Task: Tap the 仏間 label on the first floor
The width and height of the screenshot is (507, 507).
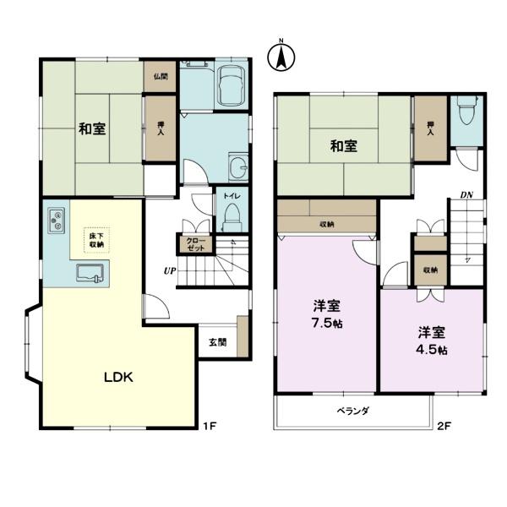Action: pos(161,77)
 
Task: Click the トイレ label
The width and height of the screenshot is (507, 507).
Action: pos(232,196)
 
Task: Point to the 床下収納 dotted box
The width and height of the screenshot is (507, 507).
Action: pos(96,240)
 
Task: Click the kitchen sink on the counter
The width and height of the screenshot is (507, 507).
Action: pos(90,273)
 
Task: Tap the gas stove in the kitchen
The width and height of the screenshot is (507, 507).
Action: pos(57,221)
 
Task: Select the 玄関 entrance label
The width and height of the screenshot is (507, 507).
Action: pos(217,342)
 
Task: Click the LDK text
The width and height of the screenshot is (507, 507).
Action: pos(118,378)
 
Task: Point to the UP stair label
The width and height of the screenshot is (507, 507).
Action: pos(170,270)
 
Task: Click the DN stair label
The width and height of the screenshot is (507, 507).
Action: pos(466,195)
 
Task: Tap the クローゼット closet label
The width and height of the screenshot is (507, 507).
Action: pos(196,244)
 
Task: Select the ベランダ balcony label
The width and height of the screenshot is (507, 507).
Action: pos(352,412)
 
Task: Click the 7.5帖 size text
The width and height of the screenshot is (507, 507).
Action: pos(327,323)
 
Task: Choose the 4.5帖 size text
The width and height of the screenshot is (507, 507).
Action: pos(432,350)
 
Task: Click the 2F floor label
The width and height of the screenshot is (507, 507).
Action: pos(444,426)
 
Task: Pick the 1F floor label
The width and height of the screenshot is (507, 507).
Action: pos(210,426)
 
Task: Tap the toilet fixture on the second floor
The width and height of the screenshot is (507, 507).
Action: pos(466,111)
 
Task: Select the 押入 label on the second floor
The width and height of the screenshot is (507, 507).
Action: pos(430,128)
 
